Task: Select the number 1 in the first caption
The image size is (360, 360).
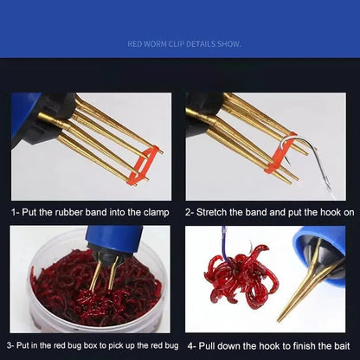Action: pos(14,211)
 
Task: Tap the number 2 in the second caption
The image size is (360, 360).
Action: pos(188,211)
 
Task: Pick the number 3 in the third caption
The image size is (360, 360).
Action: pos(13,344)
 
